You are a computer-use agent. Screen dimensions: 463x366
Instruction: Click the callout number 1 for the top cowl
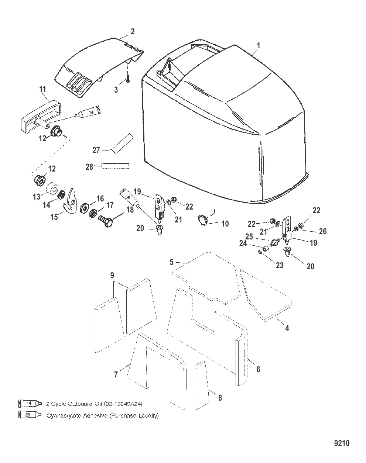pyautogui.click(x=259, y=46)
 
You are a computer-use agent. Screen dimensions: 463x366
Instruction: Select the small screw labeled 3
pyautogui.click(x=127, y=79)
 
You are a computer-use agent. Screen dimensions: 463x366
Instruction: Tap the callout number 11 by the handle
pyautogui.click(x=43, y=89)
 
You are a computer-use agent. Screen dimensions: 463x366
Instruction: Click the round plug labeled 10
pyautogui.click(x=202, y=220)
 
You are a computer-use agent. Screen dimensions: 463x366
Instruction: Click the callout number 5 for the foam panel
pyautogui.click(x=171, y=262)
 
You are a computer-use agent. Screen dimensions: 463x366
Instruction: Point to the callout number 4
pyautogui.click(x=287, y=328)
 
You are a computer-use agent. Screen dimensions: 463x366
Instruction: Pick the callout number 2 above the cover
pyautogui.click(x=132, y=31)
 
